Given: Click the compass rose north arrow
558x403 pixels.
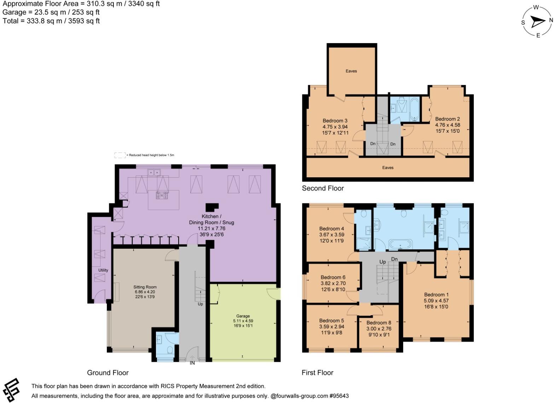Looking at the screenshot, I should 538,22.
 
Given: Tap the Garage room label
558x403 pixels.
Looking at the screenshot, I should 243,316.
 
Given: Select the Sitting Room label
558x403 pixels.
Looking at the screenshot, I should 145,287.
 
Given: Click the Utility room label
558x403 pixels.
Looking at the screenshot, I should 103,270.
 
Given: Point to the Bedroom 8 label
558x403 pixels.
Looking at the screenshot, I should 379,323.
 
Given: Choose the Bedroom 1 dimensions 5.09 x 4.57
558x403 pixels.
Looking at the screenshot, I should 436,301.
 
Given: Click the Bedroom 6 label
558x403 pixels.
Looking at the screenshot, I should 333,277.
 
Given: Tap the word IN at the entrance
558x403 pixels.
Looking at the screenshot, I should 192,363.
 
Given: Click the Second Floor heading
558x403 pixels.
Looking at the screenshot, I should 322,188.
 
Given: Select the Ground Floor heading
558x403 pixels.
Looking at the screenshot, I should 108,373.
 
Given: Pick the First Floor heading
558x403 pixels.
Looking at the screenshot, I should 317,373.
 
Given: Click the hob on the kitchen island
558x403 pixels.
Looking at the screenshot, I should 162,195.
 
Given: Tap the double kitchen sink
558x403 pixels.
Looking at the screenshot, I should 154,173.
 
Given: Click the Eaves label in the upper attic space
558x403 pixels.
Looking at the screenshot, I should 351,71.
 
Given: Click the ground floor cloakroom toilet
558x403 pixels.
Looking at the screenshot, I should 170,351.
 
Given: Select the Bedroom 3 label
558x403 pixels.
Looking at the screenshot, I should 335,121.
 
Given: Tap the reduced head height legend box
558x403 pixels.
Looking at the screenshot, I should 120,155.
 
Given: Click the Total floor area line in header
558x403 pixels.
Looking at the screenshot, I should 51,21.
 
